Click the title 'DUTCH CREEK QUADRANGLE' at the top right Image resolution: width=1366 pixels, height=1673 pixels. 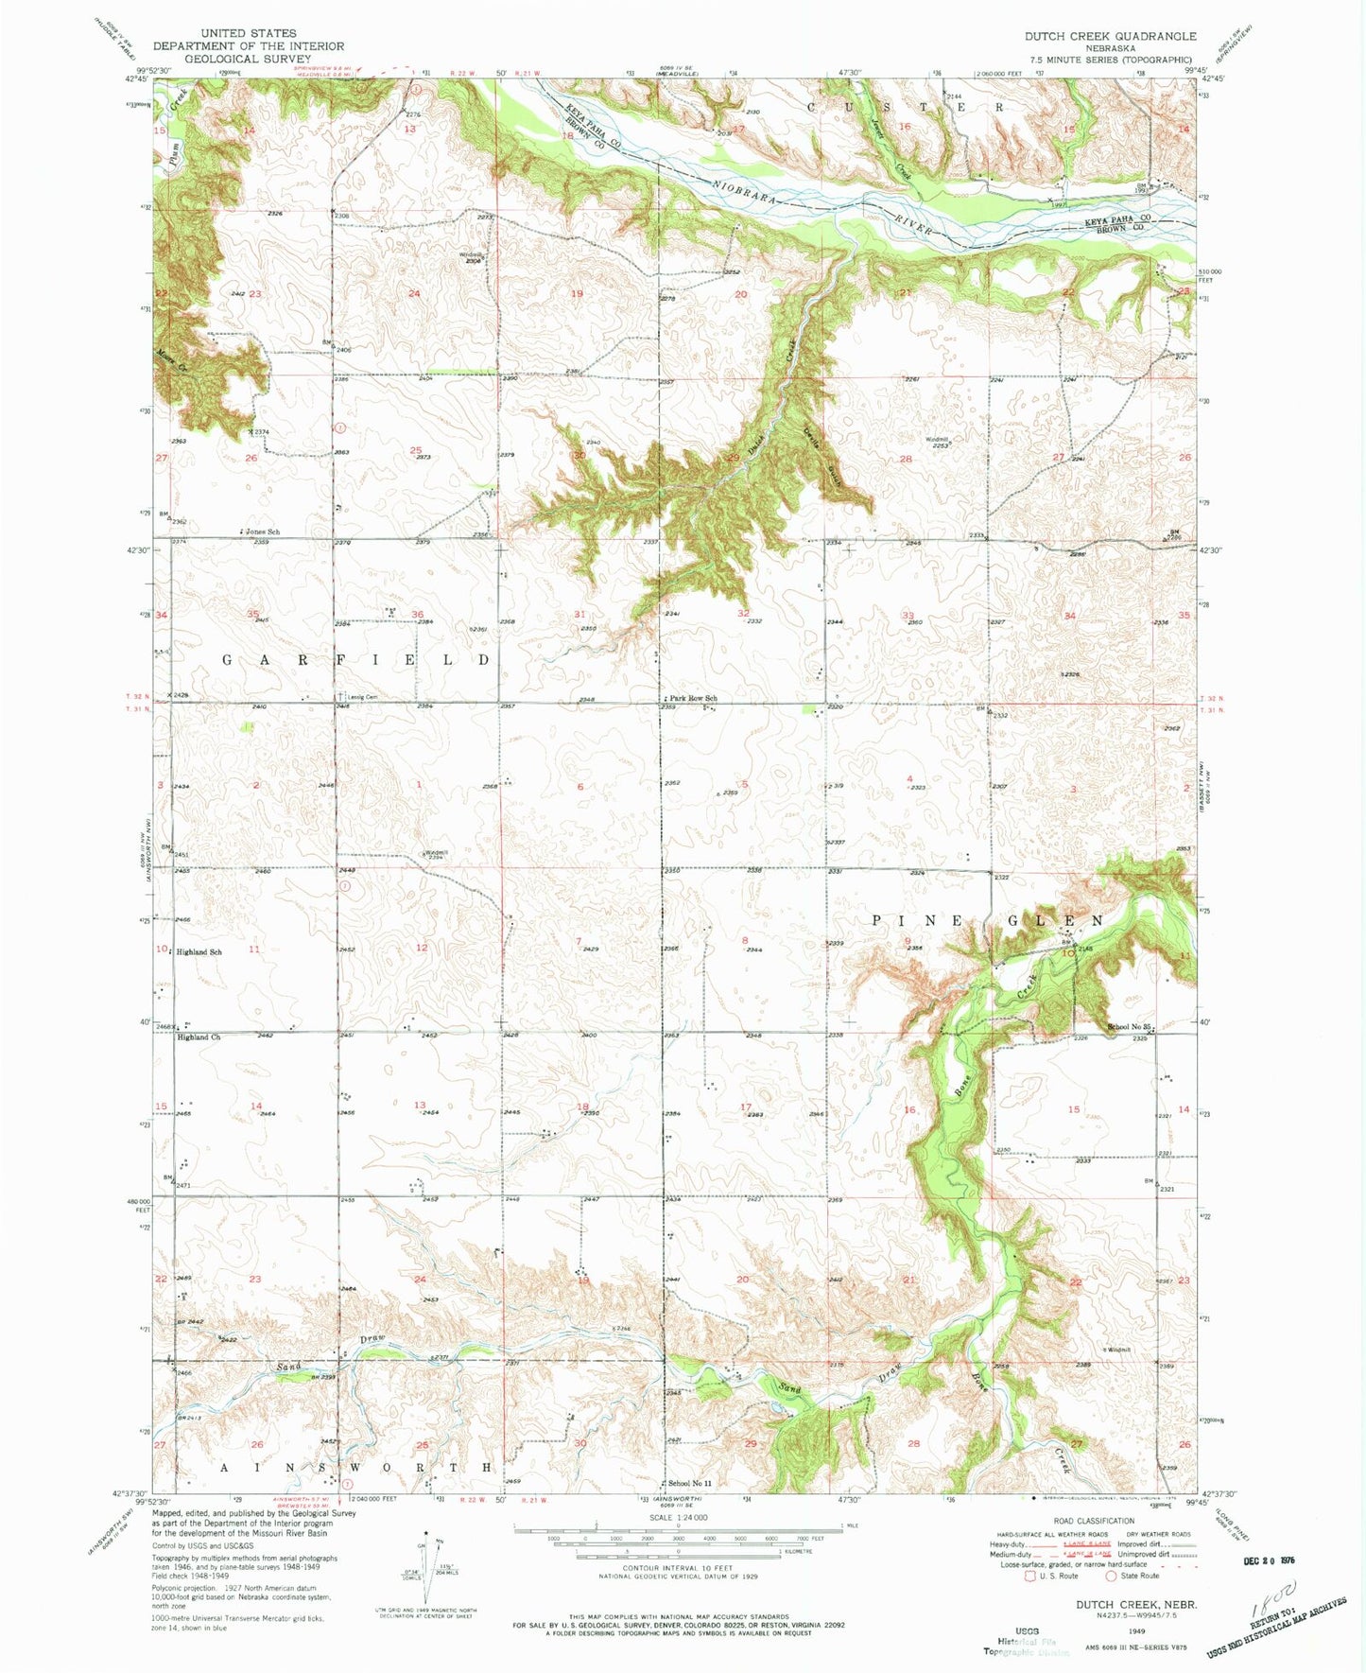[1110, 36]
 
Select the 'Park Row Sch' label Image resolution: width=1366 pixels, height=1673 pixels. [690, 699]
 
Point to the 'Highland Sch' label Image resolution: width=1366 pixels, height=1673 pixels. [199, 951]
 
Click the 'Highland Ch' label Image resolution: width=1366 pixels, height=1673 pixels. [198, 1037]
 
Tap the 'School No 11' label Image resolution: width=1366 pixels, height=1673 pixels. [689, 1483]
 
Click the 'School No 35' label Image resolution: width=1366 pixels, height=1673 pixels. [1131, 1027]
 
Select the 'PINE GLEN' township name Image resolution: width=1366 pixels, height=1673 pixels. [986, 920]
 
